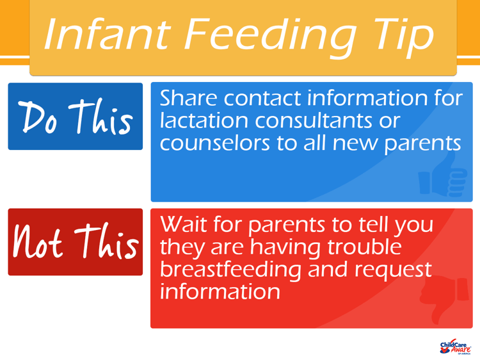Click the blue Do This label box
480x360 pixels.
point(75,117)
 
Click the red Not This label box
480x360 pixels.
point(75,242)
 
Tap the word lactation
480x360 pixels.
point(198,120)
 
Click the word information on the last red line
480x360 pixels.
point(220,291)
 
